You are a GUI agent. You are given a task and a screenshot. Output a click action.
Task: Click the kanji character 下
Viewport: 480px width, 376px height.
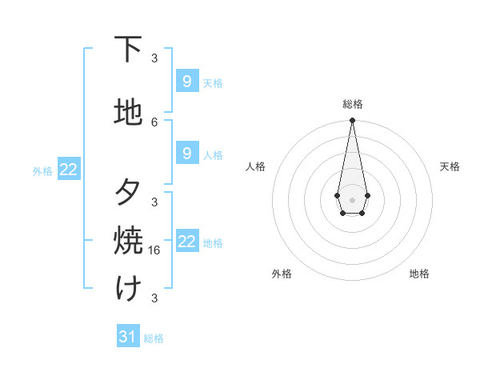pyautogui.click(x=128, y=50)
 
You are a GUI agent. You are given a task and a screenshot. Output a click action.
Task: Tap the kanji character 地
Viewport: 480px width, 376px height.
pyautogui.click(x=128, y=113)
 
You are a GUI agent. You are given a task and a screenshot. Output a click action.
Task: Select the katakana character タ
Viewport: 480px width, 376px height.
pyautogui.click(x=128, y=193)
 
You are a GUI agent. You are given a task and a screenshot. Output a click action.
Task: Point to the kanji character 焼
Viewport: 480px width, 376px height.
pyautogui.click(x=128, y=241)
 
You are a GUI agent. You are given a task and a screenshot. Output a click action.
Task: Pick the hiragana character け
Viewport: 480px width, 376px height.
pyautogui.click(x=128, y=289)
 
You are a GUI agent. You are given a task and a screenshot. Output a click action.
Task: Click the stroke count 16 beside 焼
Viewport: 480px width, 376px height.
pyautogui.click(x=156, y=250)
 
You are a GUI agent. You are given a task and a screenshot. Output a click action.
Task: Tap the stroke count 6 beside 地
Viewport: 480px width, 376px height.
pyautogui.click(x=154, y=122)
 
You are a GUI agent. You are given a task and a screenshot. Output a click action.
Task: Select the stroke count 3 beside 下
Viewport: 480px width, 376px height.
pyautogui.click(x=154, y=58)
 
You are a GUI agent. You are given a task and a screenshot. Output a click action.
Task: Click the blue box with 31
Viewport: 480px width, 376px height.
pyautogui.click(x=128, y=337)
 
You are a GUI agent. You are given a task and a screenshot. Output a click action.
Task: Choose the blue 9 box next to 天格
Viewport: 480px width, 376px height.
pyautogui.click(x=186, y=81)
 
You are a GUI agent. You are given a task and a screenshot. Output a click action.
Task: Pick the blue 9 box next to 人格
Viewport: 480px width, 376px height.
pyautogui.click(x=186, y=153)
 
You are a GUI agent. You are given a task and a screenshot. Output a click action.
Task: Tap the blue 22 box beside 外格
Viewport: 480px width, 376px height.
pyautogui.click(x=69, y=169)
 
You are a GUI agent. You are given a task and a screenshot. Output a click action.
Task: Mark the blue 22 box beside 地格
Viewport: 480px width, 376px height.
pyautogui.click(x=186, y=241)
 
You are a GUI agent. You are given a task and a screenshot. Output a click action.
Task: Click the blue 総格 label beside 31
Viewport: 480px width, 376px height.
pyautogui.click(x=154, y=338)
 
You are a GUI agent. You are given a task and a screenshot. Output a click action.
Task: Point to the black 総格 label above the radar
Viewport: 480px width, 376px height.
pyautogui.click(x=352, y=104)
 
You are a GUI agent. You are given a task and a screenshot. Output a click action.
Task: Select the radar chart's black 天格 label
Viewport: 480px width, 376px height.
pyautogui.click(x=450, y=166)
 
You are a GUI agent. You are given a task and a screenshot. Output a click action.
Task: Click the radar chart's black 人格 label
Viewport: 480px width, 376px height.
pyautogui.click(x=255, y=166)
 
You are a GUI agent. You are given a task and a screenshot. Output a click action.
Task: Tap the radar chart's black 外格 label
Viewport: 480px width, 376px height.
pyautogui.click(x=282, y=274)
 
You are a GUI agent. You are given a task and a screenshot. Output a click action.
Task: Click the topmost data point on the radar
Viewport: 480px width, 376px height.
pyautogui.click(x=352, y=121)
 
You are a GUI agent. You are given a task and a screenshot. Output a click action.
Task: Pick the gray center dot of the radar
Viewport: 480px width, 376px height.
pyautogui.click(x=352, y=198)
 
